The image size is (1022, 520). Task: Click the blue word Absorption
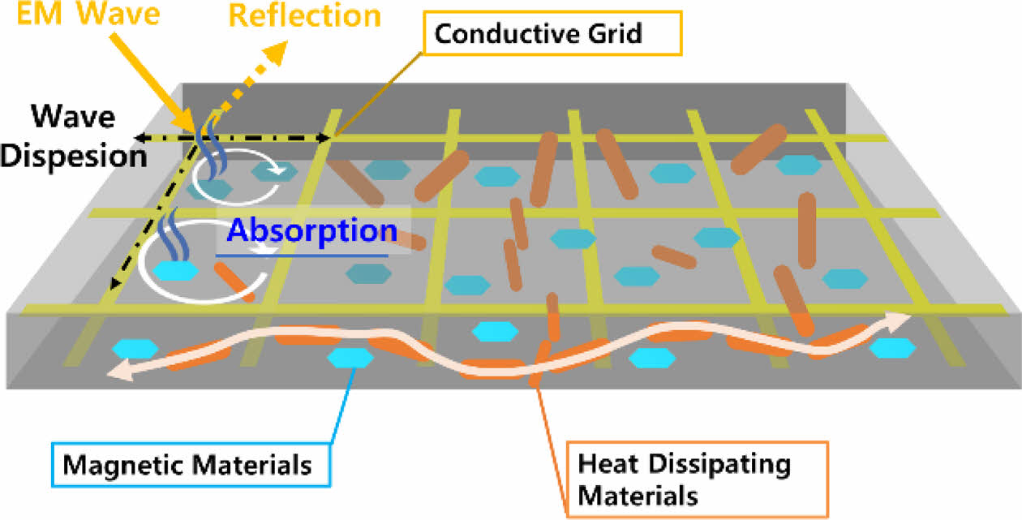click(x=312, y=230)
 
